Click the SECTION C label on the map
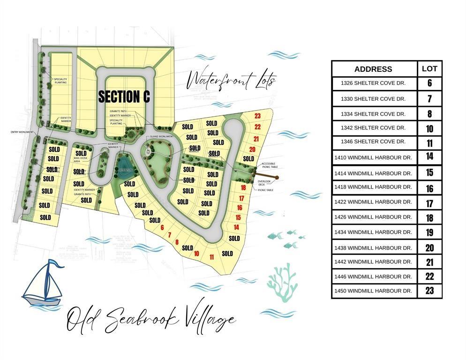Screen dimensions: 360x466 point(124,97)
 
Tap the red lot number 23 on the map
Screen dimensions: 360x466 point(257,116)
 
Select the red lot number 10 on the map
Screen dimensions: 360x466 point(196,254)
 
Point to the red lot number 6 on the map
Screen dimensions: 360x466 point(162,228)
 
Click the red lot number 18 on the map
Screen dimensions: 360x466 point(243,187)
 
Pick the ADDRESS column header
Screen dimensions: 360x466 point(373,69)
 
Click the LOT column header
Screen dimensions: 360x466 point(429,68)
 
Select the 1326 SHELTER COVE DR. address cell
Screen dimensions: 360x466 point(373,83)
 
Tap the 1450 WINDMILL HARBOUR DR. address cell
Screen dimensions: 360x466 point(373,291)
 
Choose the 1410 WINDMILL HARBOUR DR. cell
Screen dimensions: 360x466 point(373,157)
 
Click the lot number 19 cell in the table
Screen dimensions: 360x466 point(429,232)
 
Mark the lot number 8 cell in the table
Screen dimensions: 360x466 point(429,114)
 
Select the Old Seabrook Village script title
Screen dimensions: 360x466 point(150,321)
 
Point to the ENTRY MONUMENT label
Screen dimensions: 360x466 point(22,132)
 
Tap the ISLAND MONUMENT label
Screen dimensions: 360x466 point(159,136)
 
